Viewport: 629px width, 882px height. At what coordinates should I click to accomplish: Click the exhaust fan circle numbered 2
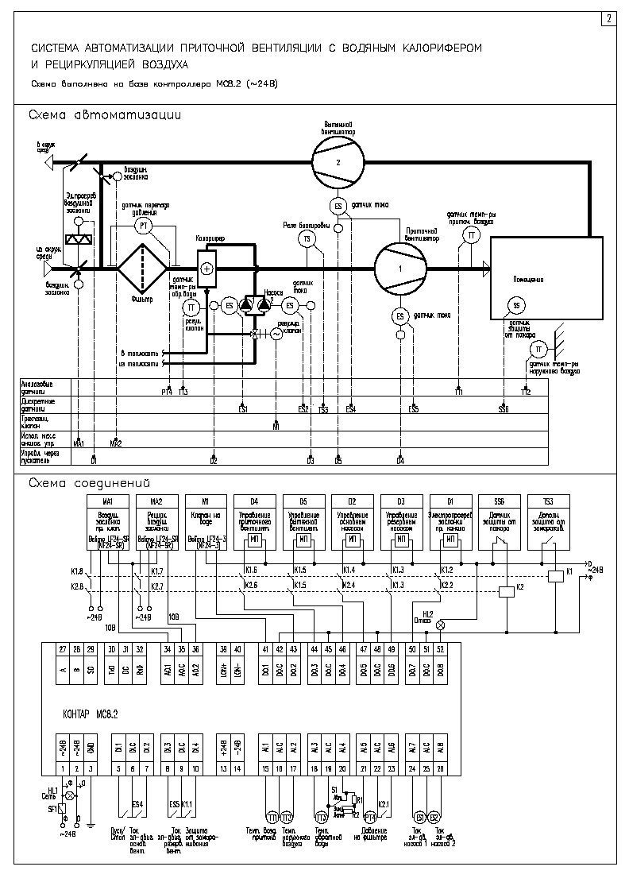tap(338, 161)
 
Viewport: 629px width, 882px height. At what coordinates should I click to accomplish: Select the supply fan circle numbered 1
tap(400, 269)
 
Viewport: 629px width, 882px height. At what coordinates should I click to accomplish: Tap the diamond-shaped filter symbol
tap(142, 269)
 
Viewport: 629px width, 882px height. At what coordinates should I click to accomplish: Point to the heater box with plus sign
tap(207, 269)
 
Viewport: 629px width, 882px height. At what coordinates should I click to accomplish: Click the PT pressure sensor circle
tap(144, 226)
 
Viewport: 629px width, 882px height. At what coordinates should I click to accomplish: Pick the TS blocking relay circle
tap(307, 238)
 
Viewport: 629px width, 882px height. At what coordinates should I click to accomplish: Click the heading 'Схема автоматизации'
tap(105, 115)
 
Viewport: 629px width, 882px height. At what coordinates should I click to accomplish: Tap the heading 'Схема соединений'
tap(89, 482)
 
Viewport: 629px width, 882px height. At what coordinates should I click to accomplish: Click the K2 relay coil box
tap(507, 590)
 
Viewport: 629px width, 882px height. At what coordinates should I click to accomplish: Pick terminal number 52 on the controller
tap(440, 649)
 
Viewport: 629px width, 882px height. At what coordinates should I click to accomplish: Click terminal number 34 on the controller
tap(167, 649)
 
